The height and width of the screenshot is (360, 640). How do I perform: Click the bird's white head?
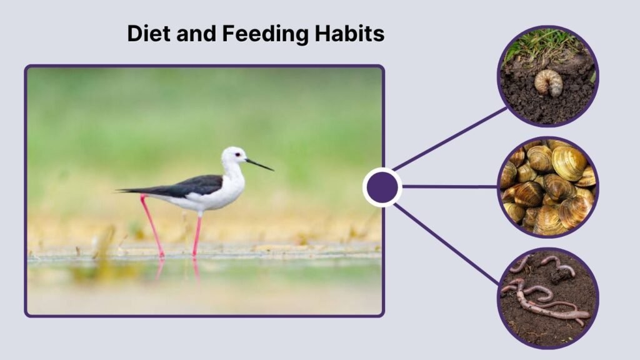tap(234, 155)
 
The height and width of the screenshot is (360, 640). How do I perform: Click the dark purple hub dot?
tap(382, 187)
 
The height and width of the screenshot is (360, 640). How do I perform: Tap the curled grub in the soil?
tap(548, 82)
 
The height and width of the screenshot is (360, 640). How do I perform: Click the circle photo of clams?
tap(548, 187)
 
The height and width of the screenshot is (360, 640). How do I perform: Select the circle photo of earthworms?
tap(548, 298)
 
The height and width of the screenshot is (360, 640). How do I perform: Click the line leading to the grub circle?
tap(450, 139)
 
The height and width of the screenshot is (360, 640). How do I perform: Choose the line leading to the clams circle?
tap(450, 186)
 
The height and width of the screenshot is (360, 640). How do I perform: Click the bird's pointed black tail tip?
tap(120, 190)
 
